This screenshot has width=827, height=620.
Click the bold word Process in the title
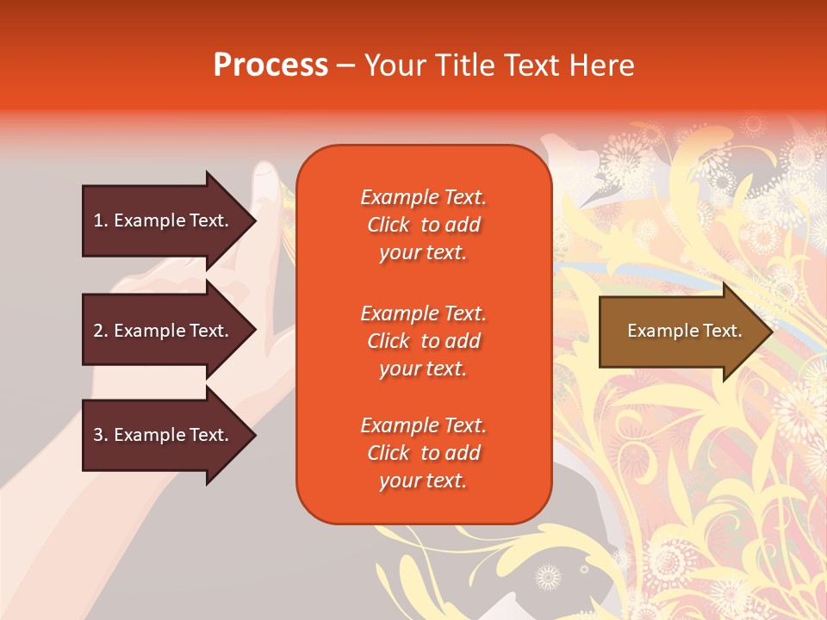(270, 65)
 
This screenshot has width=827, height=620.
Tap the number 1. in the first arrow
(101, 220)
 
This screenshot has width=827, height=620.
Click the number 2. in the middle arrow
(101, 331)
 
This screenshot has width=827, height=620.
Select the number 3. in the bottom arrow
(101, 435)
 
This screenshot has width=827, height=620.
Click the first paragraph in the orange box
(423, 225)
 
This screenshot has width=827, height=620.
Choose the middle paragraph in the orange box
(423, 341)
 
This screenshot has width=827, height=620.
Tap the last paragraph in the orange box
(423, 453)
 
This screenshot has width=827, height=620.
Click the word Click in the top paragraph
(388, 225)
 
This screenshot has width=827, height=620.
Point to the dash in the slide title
(345, 66)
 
